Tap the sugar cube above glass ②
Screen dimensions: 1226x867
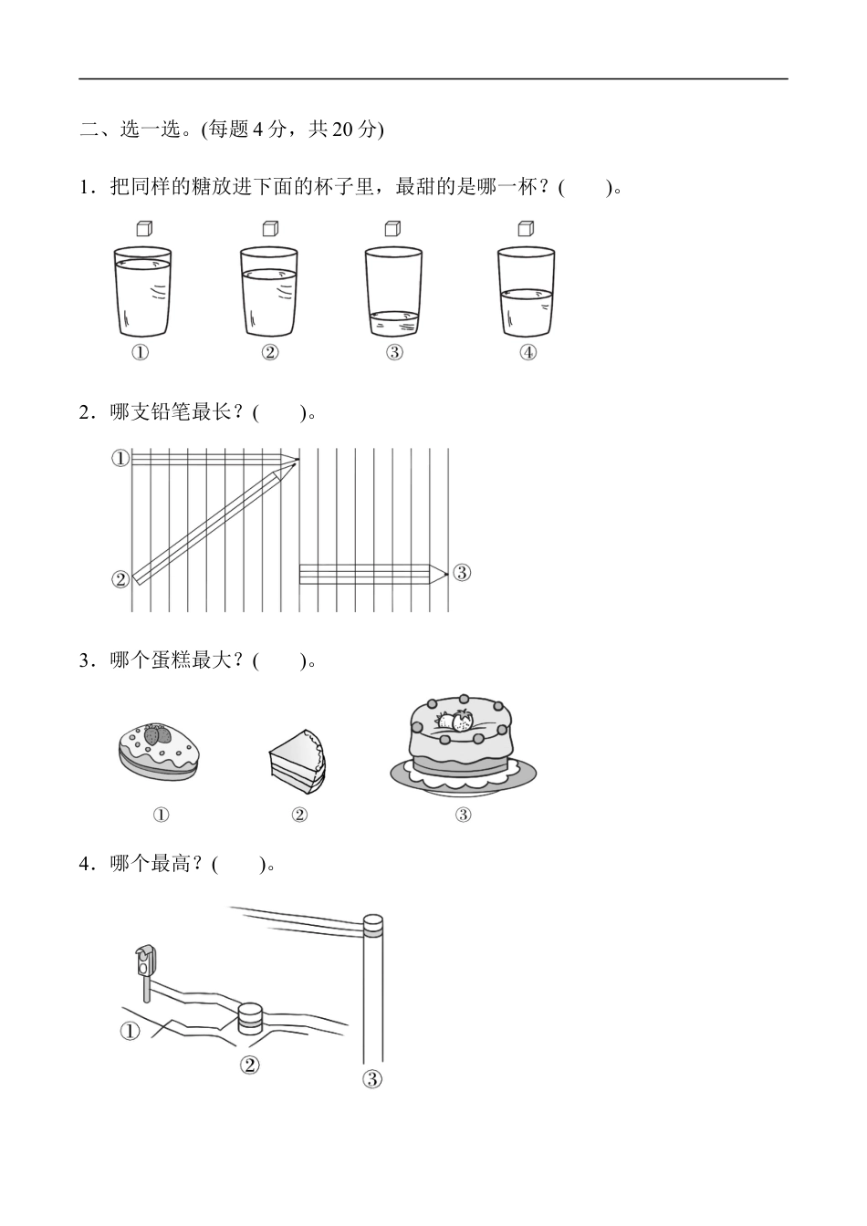[269, 228]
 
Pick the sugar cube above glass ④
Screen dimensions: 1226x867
[526, 228]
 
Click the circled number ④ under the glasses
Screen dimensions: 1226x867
[528, 353]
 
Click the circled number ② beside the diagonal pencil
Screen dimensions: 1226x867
[120, 579]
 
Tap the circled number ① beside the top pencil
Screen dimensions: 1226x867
[120, 459]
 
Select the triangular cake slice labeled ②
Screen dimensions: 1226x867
[298, 757]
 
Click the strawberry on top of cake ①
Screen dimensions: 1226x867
[157, 732]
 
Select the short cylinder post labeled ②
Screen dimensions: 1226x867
[250, 1020]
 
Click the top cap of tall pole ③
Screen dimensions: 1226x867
[373, 925]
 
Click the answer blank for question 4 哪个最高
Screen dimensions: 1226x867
[238, 864]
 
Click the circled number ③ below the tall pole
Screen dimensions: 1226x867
[372, 1079]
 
